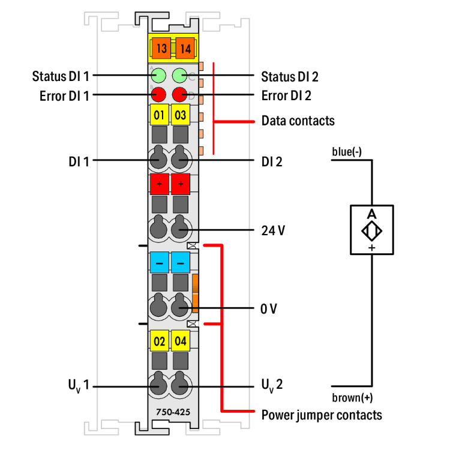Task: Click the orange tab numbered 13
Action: pos(160,48)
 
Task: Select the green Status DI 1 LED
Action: pos(159,76)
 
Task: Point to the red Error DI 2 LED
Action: pos(180,94)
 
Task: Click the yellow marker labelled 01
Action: pos(159,114)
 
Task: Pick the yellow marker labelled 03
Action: pos(180,114)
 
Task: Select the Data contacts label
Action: pos(298,121)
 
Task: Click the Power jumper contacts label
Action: pos(322,415)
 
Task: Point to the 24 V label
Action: pos(273,230)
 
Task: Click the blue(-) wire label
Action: pos(347,151)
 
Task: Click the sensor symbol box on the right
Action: pos(371,230)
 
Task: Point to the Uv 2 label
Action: pos(272,385)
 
